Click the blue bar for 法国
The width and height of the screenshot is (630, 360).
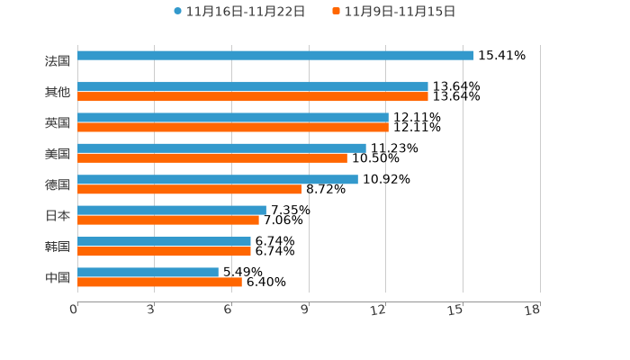pyautogui.click(x=275, y=56)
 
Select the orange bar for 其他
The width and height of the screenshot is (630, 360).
pyautogui.click(x=252, y=96)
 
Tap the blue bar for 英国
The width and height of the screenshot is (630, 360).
pyautogui.click(x=232, y=117)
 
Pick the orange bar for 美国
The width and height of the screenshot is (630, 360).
pyautogui.click(x=211, y=157)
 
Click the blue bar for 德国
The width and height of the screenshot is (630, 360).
pyautogui.click(x=217, y=179)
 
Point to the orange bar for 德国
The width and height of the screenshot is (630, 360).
pyautogui.click(x=189, y=189)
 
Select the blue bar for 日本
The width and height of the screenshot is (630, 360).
pyautogui.click(x=171, y=210)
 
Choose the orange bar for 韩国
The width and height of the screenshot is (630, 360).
pyautogui.click(x=164, y=251)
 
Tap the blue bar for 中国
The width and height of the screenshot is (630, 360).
pyautogui.click(x=148, y=272)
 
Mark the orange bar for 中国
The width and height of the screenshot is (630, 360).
pyautogui.click(x=159, y=282)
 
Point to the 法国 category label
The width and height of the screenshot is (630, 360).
pyautogui.click(x=58, y=61)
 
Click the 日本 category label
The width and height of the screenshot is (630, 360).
pyautogui.click(x=58, y=216)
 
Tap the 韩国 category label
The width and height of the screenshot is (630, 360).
pyautogui.click(x=58, y=247)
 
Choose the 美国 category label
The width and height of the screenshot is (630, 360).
pyautogui.click(x=58, y=154)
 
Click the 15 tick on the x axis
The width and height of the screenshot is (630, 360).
pyautogui.click(x=456, y=310)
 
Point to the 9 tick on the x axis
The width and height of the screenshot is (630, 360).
pyautogui.click(x=305, y=310)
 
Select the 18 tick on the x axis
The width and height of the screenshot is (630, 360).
pyautogui.click(x=533, y=310)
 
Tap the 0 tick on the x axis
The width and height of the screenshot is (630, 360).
pyautogui.click(x=74, y=310)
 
